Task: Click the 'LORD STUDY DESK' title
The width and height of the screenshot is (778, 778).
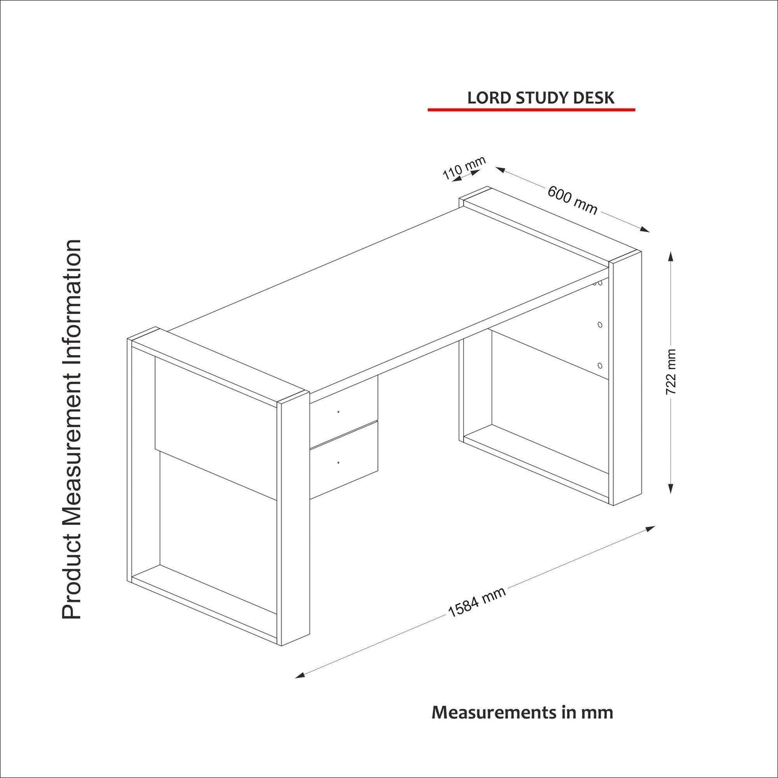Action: pyautogui.click(x=540, y=97)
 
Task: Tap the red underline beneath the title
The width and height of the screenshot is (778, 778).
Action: pyautogui.click(x=531, y=110)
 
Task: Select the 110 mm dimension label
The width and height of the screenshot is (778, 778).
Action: pyautogui.click(x=464, y=168)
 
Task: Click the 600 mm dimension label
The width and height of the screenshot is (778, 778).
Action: pyautogui.click(x=572, y=200)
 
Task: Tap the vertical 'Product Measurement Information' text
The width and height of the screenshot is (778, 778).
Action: pyautogui.click(x=72, y=429)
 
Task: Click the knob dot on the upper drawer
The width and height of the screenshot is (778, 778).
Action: pyautogui.click(x=338, y=411)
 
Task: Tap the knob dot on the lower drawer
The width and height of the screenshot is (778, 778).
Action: pyautogui.click(x=338, y=461)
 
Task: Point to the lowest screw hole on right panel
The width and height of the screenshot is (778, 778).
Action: pyautogui.click(x=599, y=365)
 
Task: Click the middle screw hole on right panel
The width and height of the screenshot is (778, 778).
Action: pyautogui.click(x=599, y=325)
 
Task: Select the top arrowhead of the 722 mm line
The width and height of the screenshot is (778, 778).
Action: pyautogui.click(x=671, y=256)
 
